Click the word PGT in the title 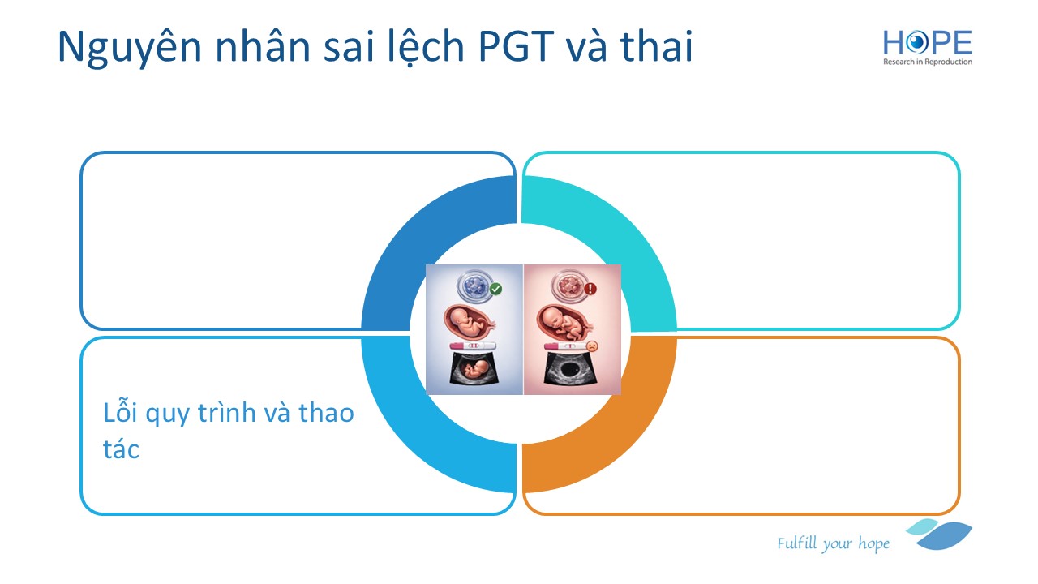(517, 46)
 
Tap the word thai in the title (656, 45)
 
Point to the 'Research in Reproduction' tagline (927, 62)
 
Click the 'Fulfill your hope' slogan (833, 543)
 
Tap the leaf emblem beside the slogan (940, 535)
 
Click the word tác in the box (121, 449)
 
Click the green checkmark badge (495, 289)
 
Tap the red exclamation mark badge (590, 289)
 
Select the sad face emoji (592, 346)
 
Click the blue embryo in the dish (474, 287)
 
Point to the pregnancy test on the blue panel (473, 346)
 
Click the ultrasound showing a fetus (474, 369)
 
